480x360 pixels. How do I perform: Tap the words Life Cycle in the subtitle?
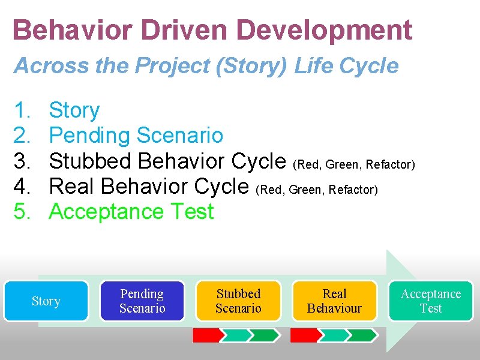click(x=346, y=65)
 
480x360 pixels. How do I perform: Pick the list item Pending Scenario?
click(x=136, y=136)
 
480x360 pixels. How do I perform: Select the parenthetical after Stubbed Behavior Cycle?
click(x=354, y=164)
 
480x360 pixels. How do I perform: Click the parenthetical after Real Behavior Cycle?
click(x=317, y=190)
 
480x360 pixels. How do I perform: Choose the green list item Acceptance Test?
click(x=131, y=212)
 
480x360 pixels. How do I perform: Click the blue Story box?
click(x=46, y=301)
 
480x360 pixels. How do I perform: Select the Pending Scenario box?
click(x=142, y=301)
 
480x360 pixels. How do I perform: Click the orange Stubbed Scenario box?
click(x=239, y=301)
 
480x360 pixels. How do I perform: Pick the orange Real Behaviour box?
click(x=334, y=301)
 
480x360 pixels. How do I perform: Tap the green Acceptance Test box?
click(x=431, y=301)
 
